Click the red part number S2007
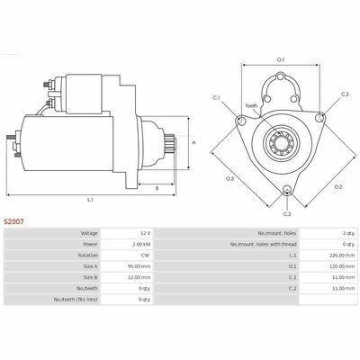click(x=13, y=221)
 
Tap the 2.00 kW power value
click(x=141, y=244)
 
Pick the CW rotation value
click(x=148, y=256)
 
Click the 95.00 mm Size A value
click(x=140, y=266)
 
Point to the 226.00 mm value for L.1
click(x=343, y=256)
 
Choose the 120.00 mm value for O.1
click(x=343, y=266)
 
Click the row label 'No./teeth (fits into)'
click(x=76, y=300)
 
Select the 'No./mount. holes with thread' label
click(x=264, y=244)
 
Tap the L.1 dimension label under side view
click(x=90, y=200)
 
